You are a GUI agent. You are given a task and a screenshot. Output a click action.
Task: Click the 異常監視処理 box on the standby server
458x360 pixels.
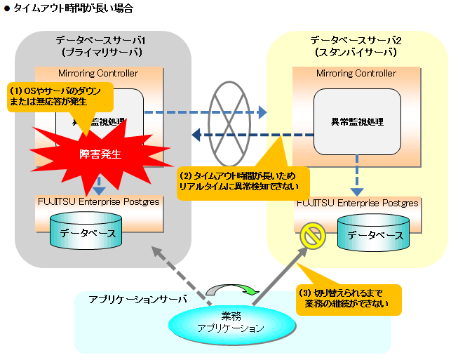357,121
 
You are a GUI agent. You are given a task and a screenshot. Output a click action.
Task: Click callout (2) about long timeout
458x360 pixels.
238,181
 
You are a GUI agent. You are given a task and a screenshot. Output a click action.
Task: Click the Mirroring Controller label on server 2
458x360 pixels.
356,73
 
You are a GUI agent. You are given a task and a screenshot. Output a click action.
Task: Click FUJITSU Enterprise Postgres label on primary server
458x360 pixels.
99,201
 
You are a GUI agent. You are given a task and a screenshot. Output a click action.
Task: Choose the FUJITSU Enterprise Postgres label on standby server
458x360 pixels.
358,203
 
